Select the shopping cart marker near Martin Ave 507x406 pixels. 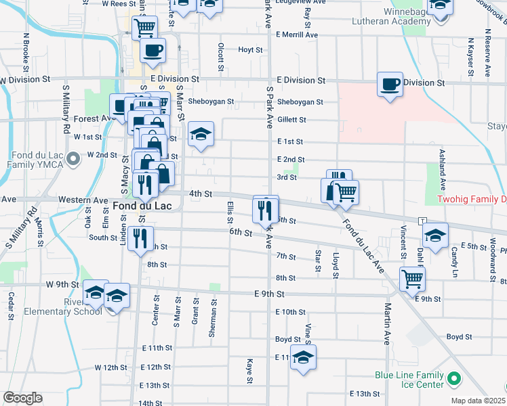(411, 278)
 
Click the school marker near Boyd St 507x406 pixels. (304, 359)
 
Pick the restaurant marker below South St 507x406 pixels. (140, 239)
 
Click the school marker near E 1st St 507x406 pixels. (201, 135)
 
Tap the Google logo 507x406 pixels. (22, 398)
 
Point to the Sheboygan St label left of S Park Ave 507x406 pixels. (211, 102)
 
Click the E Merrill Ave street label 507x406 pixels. (297, 35)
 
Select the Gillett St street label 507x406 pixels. (292, 120)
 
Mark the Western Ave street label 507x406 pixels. (83, 200)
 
